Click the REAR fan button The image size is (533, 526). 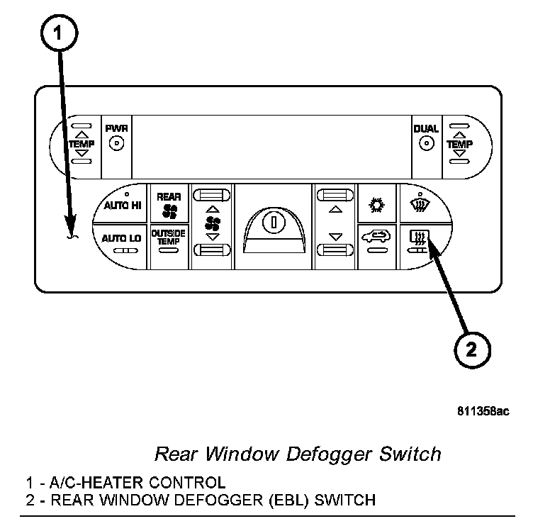coord(169,204)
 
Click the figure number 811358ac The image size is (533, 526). coord(482,410)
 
